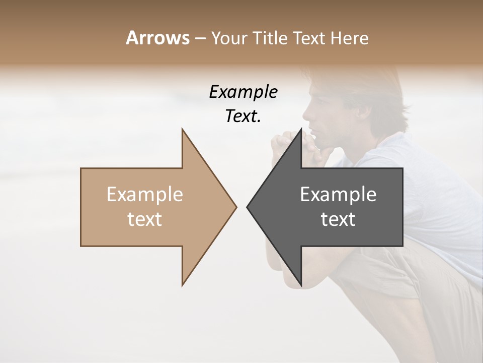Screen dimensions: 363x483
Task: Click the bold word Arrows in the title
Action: coord(157,38)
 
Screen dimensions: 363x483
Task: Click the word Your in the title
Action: coord(229,38)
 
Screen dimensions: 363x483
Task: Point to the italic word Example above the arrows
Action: coord(243,92)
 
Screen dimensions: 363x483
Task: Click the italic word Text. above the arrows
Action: coord(243,116)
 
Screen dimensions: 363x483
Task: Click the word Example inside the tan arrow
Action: coord(145,195)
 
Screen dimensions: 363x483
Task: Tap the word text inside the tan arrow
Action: coord(145,219)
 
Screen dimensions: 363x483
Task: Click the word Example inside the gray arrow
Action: coord(338,195)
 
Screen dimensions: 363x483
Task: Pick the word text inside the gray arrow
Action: coord(338,219)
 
